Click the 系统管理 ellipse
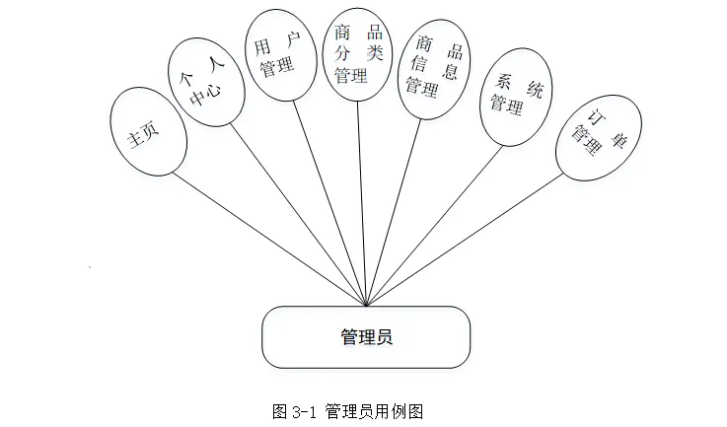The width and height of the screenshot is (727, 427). tap(517, 96)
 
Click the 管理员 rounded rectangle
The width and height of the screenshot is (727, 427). tap(365, 337)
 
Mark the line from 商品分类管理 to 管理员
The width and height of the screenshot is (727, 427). tap(362, 197)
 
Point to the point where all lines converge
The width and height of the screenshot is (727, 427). tap(367, 305)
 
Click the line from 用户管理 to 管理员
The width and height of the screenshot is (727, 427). tap(330, 197)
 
